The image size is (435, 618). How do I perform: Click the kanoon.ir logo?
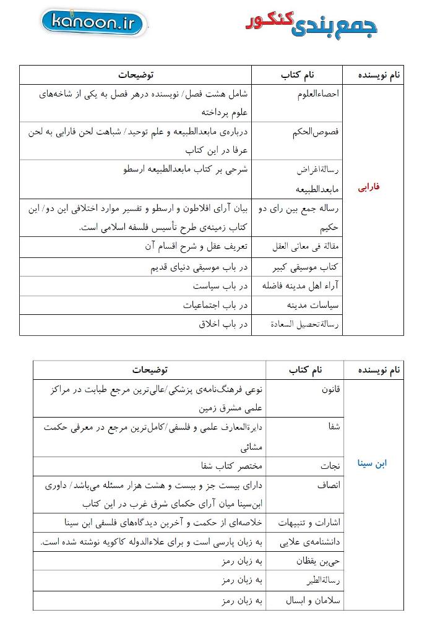pos(94,24)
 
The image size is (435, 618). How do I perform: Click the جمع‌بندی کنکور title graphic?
pos(311,23)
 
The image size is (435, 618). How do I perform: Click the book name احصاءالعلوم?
pos(316,93)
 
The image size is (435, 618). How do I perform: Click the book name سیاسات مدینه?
pos(314,305)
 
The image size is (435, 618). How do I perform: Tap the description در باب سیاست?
pos(220,286)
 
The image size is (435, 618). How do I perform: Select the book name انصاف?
pos(329,486)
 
